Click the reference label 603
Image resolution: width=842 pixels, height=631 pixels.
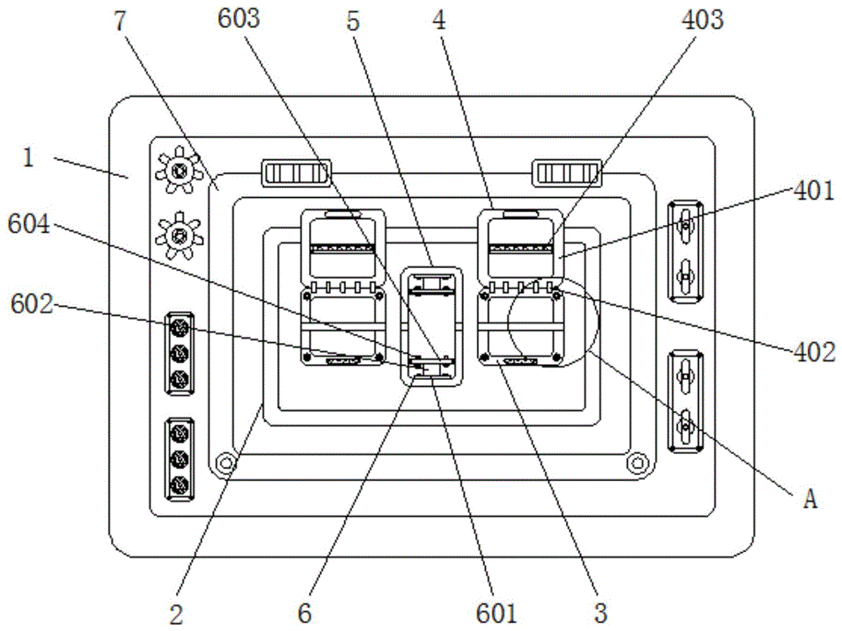click(239, 19)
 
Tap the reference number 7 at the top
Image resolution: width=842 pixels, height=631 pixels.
click(120, 21)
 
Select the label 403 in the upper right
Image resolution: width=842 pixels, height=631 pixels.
click(702, 19)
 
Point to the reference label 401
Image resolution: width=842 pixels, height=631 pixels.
click(814, 190)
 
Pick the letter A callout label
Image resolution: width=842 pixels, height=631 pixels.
click(810, 500)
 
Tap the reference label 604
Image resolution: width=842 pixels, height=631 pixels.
click(29, 224)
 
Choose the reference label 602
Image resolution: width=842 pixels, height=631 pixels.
click(32, 304)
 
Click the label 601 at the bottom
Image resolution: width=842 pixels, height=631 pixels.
click(496, 612)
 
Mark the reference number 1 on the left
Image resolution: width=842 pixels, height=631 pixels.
click(29, 158)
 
